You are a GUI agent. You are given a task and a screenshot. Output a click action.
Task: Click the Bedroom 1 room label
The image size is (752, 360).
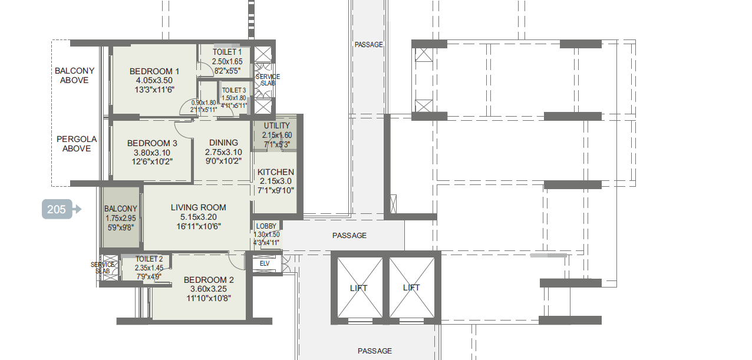154,71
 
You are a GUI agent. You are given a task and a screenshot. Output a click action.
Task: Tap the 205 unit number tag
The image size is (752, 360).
57,209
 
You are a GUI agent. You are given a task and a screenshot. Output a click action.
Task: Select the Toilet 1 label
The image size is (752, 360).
227,52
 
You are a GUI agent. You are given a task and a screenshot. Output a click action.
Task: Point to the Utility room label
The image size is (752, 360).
276,126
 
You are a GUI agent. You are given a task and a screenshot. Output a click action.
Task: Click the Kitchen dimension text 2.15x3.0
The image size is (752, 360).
276,181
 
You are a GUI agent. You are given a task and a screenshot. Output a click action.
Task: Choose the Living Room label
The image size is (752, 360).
199,207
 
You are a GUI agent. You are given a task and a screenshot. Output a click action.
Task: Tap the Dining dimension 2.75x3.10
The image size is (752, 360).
223,152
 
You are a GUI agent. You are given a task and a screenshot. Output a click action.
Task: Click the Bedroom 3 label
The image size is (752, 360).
152,143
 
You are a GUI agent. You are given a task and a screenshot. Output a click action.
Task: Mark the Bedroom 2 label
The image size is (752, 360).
209,280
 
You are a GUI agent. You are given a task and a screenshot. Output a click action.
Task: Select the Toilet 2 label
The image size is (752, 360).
149,259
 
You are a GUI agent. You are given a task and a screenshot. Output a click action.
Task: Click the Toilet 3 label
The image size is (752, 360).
234,90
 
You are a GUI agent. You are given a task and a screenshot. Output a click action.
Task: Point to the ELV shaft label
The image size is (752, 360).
265,264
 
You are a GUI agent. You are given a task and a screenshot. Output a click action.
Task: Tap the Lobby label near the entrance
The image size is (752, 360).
266,226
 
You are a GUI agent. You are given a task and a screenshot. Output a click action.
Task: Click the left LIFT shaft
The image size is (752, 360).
359,288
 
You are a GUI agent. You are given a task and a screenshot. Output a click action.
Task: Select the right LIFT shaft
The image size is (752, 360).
412,288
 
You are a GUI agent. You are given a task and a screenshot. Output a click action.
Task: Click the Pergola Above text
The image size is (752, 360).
77,144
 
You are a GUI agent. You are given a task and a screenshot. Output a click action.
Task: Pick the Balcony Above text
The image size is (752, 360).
74,75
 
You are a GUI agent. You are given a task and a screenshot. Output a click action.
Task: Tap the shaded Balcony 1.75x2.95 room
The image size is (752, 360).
121,218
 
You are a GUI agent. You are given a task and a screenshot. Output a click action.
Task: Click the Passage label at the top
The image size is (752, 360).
368,45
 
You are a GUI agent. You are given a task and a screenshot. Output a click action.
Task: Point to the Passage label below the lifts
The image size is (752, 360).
375,351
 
